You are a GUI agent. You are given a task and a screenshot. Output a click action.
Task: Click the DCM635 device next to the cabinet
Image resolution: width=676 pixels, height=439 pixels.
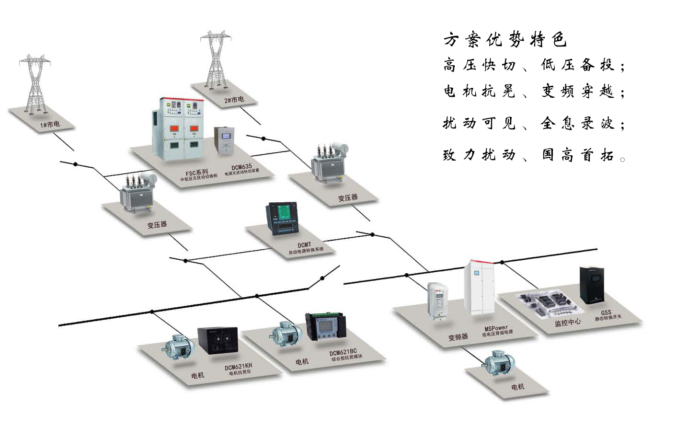(224, 141)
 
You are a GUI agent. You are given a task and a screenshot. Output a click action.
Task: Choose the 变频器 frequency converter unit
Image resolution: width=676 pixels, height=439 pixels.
(437, 300)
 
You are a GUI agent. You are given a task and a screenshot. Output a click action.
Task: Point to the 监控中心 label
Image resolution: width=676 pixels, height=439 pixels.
(567, 323)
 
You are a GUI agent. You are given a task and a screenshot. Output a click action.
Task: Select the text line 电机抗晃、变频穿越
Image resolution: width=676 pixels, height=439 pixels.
(534, 91)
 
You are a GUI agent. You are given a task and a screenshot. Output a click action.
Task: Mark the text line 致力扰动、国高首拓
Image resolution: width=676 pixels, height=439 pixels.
(534, 155)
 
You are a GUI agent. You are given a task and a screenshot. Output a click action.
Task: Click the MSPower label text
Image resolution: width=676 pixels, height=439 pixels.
(496, 328)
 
